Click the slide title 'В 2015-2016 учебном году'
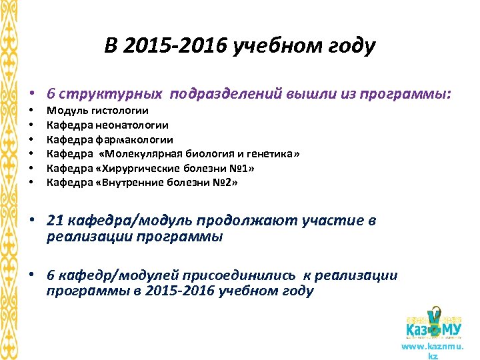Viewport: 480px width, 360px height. (x=240, y=47)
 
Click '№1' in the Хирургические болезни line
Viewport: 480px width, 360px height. (x=243, y=168)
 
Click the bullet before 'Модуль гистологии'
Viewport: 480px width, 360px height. (x=31, y=111)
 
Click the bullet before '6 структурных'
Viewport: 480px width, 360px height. (x=31, y=95)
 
